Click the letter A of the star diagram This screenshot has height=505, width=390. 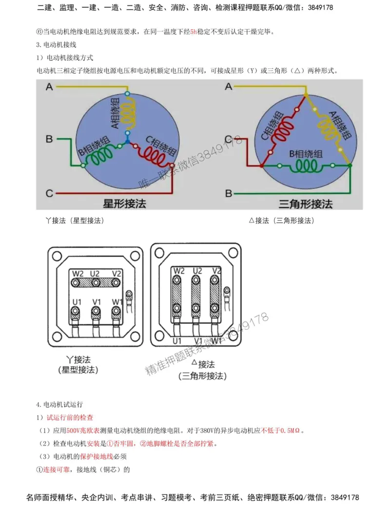[49, 87]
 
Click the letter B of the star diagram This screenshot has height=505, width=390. [49, 140]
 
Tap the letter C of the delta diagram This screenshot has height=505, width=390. [228, 140]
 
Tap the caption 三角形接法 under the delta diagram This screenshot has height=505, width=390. [306, 203]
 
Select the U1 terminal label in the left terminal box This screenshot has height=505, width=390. [77, 303]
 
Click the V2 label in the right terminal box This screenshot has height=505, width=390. [216, 270]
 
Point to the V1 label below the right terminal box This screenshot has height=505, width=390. [197, 341]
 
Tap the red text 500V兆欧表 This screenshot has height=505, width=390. [83, 431]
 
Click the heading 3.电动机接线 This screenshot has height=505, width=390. [57, 45]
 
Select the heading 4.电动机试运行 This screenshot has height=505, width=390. [59, 404]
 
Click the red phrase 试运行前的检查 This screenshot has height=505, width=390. [70, 418]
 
